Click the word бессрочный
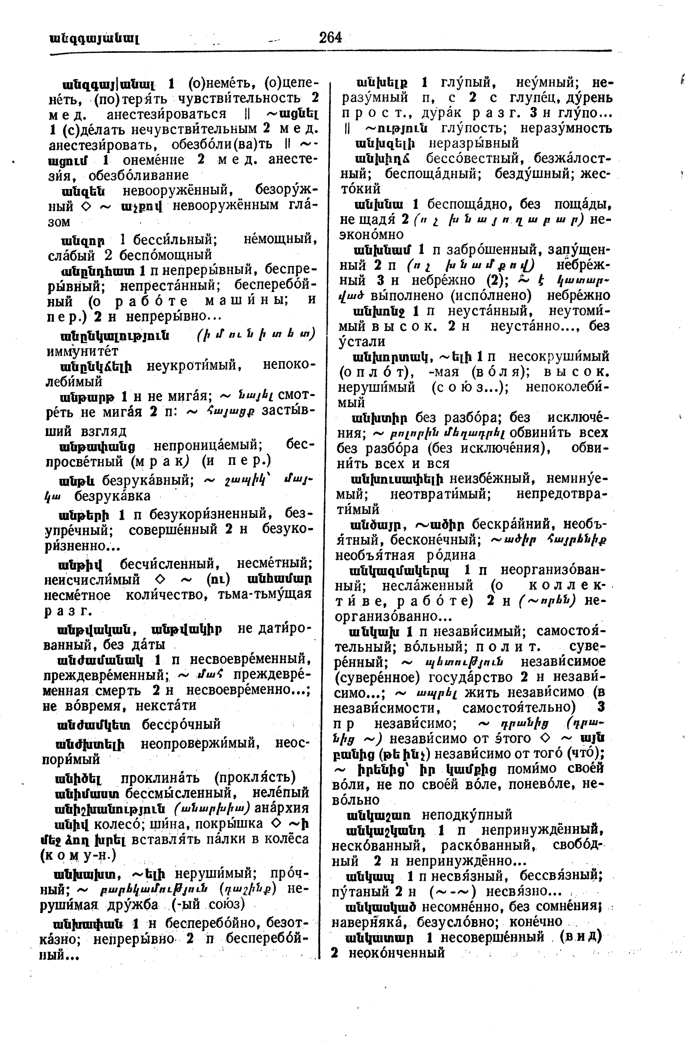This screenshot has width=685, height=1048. [181, 724]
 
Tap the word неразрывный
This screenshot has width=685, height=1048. [474, 144]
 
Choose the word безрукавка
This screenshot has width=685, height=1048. [112, 496]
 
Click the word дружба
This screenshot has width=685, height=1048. [134, 905]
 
